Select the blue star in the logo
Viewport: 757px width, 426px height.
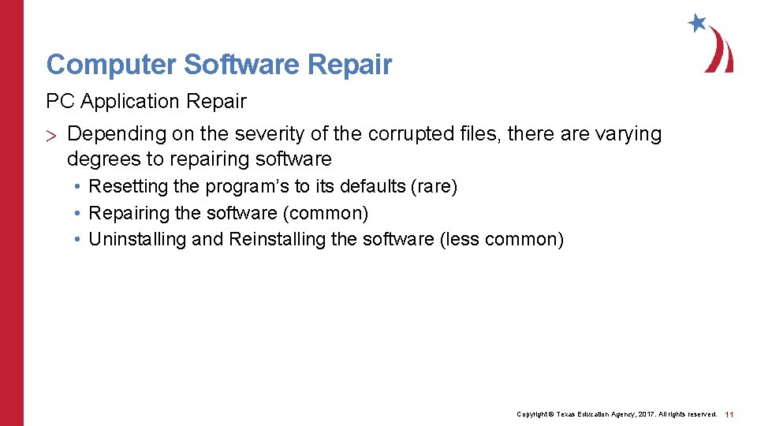click(697, 23)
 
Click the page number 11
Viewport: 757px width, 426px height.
click(729, 414)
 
